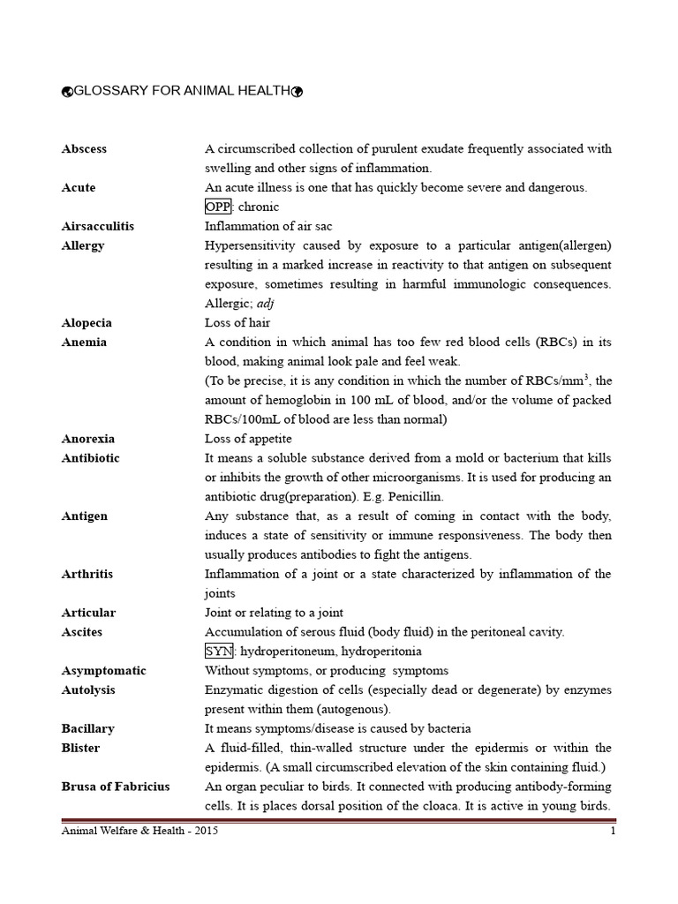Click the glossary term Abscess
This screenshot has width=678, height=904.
[x=84, y=149]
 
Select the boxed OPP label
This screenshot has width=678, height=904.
[x=218, y=207]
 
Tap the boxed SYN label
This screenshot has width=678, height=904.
[x=218, y=652]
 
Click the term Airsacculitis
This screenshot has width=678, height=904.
[x=98, y=226]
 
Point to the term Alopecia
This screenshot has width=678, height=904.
[x=87, y=323]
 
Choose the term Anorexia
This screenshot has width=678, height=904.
[x=88, y=439]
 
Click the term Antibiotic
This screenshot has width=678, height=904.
[x=91, y=458]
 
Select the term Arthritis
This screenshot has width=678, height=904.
[x=88, y=574]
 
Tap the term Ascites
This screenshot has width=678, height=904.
[x=82, y=632]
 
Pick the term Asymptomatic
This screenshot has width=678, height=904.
[x=104, y=671]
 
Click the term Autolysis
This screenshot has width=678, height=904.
[x=88, y=690]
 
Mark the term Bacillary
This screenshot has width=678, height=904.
[x=88, y=729]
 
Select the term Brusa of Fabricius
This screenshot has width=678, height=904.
[x=116, y=787]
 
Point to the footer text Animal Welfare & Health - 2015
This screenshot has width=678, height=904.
[x=139, y=832]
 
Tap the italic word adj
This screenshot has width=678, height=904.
[x=266, y=304]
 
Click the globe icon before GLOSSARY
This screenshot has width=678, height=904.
[x=67, y=92]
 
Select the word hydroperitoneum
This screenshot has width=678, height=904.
[x=288, y=652]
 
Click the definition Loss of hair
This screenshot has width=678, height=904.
[x=237, y=323]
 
